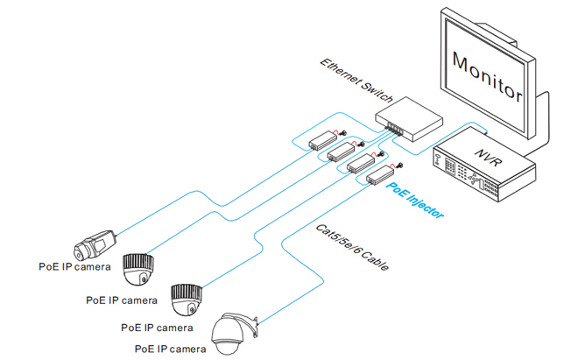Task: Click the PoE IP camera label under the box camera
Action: pos(74,265)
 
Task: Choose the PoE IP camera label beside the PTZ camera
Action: pos(170,349)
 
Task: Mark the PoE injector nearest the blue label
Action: pos(379,180)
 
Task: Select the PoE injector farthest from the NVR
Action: pos(321,139)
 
